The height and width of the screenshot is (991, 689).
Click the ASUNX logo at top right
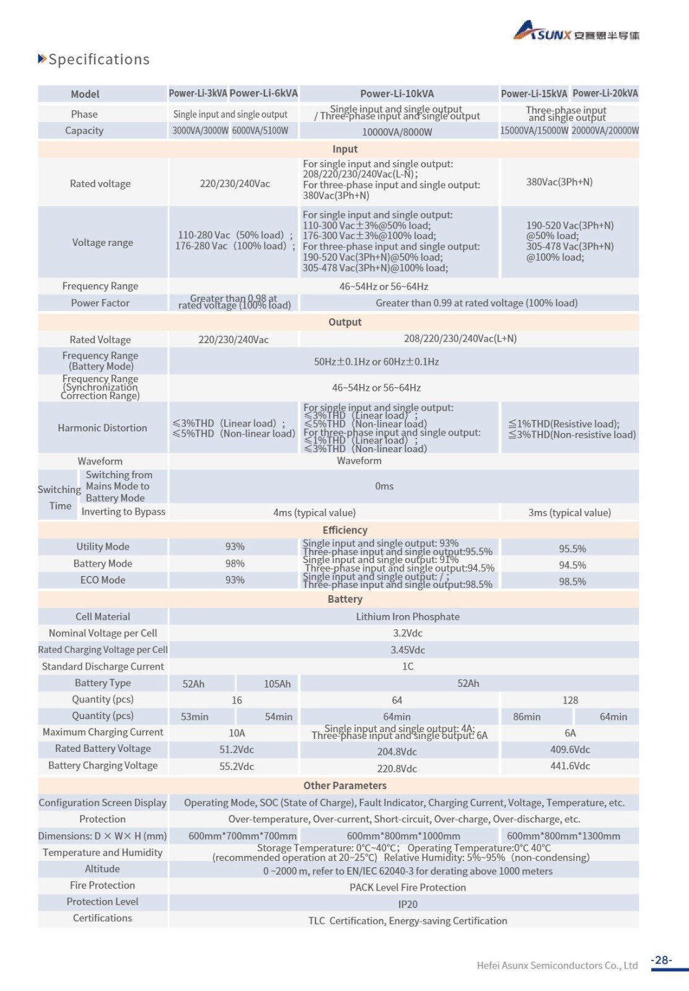[x=576, y=31]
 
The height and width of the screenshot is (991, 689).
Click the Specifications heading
[x=98, y=59]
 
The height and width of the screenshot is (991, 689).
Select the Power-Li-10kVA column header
[x=397, y=94]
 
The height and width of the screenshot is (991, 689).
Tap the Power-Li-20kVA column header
[x=605, y=94]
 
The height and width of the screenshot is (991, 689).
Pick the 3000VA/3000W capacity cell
[x=200, y=131]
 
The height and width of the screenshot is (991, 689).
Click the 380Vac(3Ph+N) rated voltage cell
[x=560, y=182]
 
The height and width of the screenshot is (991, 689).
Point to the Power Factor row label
[x=100, y=303]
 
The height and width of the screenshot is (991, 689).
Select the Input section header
[x=344, y=149]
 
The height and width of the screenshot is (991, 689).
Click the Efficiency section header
[x=344, y=530]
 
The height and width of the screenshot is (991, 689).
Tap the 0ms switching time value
[x=384, y=486]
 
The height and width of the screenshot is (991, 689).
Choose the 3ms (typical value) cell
[x=569, y=513]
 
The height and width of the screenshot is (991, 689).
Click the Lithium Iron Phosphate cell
[x=408, y=617]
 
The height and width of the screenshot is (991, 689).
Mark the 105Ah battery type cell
[x=277, y=684]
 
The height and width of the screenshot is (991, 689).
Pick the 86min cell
[x=527, y=717]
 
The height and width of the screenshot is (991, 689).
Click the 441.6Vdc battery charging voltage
[x=570, y=766]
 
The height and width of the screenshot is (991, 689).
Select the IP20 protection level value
[x=408, y=904]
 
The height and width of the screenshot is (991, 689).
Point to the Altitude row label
[x=102, y=869]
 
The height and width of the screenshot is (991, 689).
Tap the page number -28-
[x=662, y=960]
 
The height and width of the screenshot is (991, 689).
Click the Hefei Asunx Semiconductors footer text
[x=557, y=965]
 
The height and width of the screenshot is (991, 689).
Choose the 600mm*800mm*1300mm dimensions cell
[x=563, y=836]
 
